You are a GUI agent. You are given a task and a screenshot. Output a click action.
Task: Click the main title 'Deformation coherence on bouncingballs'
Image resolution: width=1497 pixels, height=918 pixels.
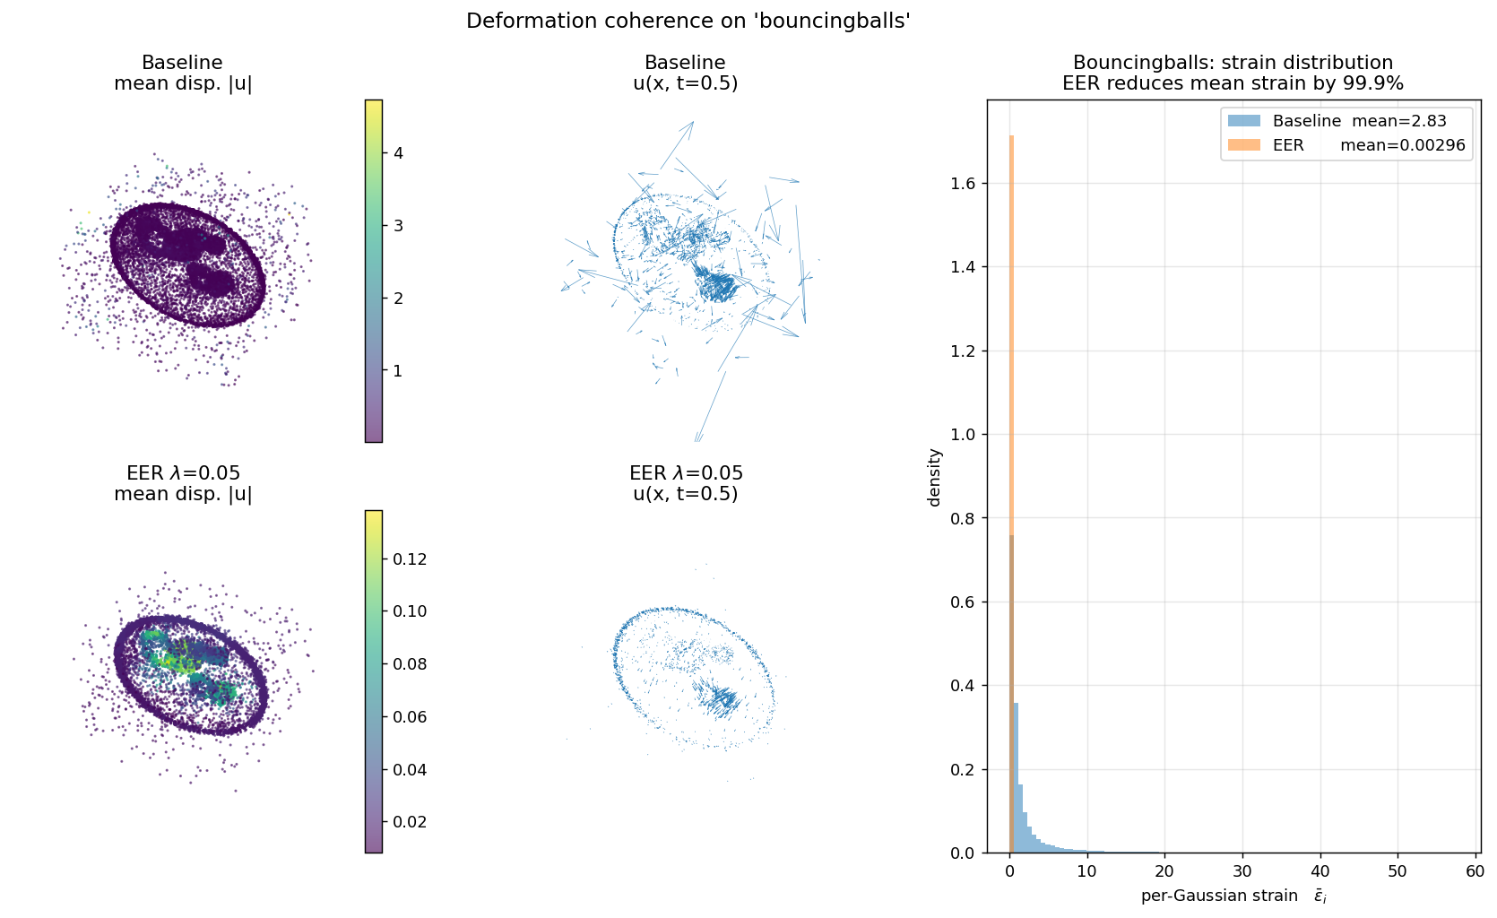688,21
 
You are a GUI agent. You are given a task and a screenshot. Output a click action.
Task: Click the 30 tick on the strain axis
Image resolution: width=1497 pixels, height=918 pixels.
1242,870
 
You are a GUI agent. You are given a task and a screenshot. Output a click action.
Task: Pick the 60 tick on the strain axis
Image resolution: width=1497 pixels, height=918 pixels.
1475,870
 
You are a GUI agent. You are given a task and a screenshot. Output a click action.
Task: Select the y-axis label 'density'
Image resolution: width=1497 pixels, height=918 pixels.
935,477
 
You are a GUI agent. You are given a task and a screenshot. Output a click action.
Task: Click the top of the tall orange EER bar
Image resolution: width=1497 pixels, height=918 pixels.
1011,137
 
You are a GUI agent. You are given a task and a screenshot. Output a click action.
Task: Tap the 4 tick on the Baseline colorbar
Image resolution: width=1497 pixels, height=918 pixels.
398,153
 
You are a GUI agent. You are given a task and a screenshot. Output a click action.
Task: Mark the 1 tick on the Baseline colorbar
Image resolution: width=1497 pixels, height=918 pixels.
398,370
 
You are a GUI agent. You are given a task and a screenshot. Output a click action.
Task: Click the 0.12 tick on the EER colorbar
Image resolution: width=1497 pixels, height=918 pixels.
409,559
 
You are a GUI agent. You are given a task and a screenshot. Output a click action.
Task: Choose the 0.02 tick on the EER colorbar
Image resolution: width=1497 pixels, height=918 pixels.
409,821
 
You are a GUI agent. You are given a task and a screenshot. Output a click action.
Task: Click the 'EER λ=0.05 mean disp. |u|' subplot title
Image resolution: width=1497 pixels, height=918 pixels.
183,483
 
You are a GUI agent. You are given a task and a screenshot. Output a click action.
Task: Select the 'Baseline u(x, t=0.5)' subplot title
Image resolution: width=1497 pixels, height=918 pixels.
685,73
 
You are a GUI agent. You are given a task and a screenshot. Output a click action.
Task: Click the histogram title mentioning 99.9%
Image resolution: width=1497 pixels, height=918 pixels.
1233,73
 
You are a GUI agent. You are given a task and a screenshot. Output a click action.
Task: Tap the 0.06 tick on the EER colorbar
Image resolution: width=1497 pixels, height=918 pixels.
409,716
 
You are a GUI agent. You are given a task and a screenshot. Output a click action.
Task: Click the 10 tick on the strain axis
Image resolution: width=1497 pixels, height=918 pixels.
1087,870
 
